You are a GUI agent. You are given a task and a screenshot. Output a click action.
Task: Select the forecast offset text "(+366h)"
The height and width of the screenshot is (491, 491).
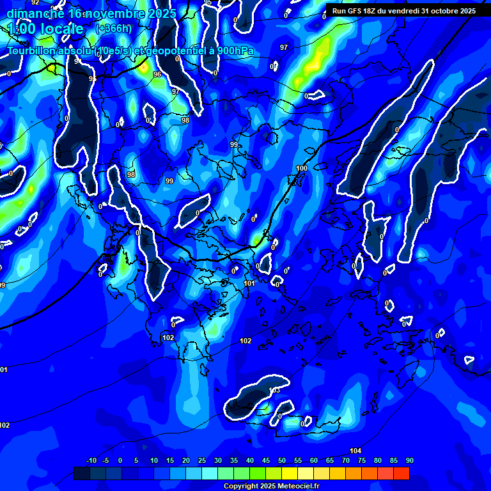tap(114, 28)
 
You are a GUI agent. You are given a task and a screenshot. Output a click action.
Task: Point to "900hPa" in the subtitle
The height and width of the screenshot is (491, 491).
tap(235, 51)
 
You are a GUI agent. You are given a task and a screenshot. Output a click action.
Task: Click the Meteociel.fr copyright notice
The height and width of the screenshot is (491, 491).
tap(271, 486)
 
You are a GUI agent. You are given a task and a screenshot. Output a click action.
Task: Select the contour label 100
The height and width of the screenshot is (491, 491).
tap(302, 169)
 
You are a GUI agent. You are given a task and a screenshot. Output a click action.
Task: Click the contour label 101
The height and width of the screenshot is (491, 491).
tap(249, 283)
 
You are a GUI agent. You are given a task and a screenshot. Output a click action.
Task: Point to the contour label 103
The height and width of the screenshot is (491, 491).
tap(274, 390)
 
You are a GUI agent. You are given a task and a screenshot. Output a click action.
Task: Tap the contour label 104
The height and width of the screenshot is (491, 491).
tap(355, 451)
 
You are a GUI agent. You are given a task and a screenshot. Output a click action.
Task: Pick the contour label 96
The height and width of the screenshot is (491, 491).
tap(157, 74)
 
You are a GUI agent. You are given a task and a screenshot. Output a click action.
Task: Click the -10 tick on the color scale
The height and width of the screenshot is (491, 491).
tap(91, 460)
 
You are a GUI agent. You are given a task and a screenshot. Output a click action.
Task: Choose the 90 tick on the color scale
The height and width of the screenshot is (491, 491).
tap(409, 460)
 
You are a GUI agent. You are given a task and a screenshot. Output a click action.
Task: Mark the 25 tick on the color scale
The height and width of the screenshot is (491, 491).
tap(202, 460)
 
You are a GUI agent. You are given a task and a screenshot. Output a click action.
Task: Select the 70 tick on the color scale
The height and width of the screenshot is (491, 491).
tap(345, 460)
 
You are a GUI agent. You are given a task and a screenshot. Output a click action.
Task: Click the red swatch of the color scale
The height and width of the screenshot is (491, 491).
tap(401, 473)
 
